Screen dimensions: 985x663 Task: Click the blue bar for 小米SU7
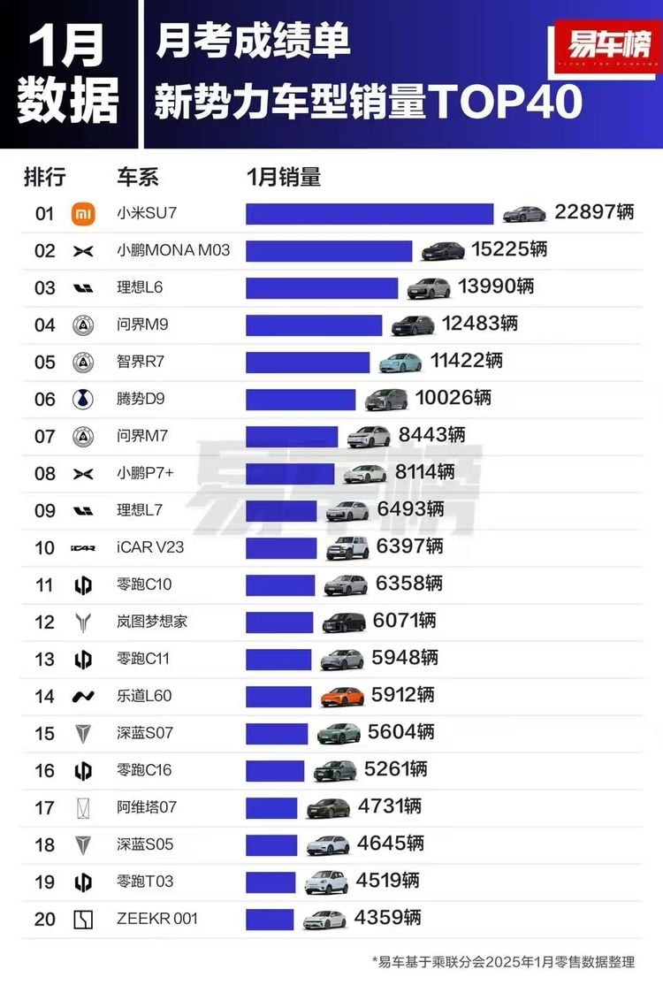click(x=369, y=214)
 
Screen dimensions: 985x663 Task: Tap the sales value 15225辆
click(x=509, y=250)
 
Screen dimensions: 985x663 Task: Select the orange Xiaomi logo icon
click(x=82, y=214)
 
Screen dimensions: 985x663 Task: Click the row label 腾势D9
click(x=141, y=399)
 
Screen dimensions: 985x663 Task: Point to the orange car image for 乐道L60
click(x=342, y=696)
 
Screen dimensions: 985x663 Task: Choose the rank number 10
click(x=45, y=548)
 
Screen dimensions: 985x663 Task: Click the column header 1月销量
click(x=283, y=177)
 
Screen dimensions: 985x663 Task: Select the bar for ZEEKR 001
click(x=270, y=919)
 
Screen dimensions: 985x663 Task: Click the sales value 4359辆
click(x=387, y=918)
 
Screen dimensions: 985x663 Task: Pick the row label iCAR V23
click(x=150, y=547)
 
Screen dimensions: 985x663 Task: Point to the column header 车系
click(x=137, y=177)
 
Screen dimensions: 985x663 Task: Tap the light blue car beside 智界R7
click(x=400, y=362)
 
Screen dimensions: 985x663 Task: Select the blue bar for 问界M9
click(x=314, y=325)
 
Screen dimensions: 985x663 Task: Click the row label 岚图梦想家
click(x=152, y=622)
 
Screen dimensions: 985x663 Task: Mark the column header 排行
click(x=44, y=177)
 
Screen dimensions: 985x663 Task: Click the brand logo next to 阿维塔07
click(x=82, y=807)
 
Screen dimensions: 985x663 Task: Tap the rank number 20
click(x=45, y=920)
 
